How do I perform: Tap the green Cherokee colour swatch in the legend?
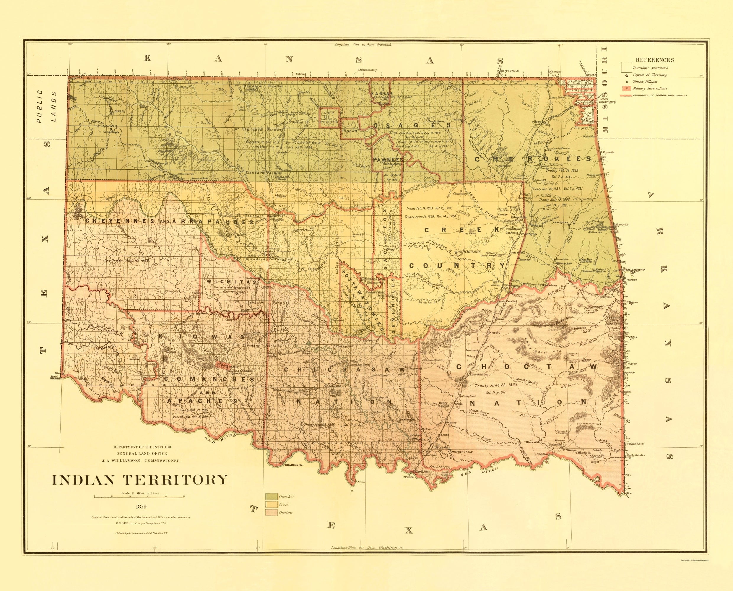pyautogui.click(x=271, y=496)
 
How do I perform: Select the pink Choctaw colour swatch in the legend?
pyautogui.click(x=271, y=512)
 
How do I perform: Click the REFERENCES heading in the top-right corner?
pyautogui.click(x=655, y=60)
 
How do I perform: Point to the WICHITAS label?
pyautogui.click(x=230, y=282)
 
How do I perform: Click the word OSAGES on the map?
pyautogui.click(x=412, y=125)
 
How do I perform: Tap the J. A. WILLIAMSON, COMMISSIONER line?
pyautogui.click(x=139, y=461)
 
